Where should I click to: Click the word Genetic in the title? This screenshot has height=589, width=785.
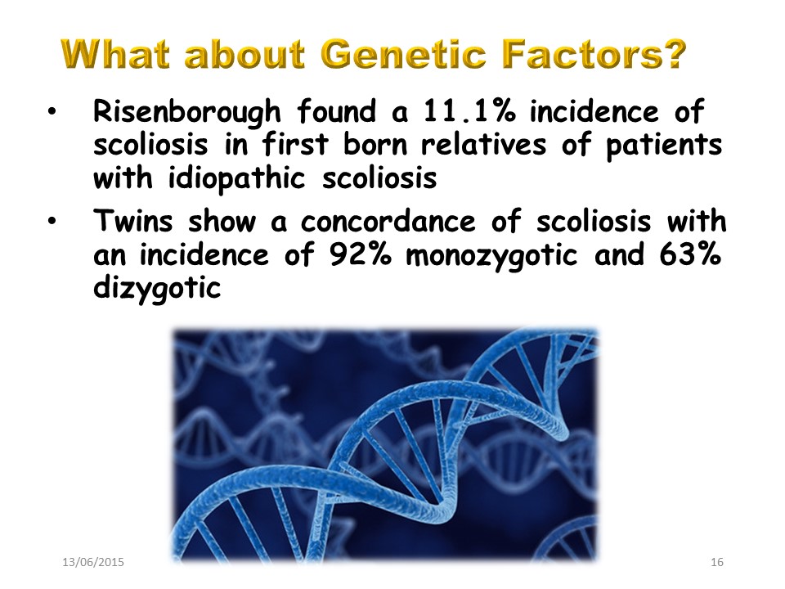click(x=403, y=54)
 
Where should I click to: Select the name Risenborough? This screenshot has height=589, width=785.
click(x=186, y=112)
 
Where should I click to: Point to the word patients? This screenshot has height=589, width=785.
click(x=664, y=146)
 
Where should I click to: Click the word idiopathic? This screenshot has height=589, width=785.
click(x=236, y=179)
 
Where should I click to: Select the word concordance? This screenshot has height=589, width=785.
click(x=388, y=222)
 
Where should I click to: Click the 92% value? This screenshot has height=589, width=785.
click(x=360, y=254)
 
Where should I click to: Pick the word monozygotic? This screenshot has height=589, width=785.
click(x=491, y=256)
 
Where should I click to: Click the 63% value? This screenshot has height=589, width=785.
click(x=690, y=254)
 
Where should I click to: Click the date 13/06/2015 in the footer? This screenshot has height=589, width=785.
click(x=93, y=562)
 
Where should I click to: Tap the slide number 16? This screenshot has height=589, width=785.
click(x=717, y=562)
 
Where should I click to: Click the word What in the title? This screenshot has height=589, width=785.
click(x=115, y=54)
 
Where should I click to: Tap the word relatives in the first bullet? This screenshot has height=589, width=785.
click(x=483, y=146)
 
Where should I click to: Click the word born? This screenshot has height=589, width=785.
click(x=375, y=145)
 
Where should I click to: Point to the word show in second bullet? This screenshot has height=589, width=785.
click(x=222, y=222)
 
